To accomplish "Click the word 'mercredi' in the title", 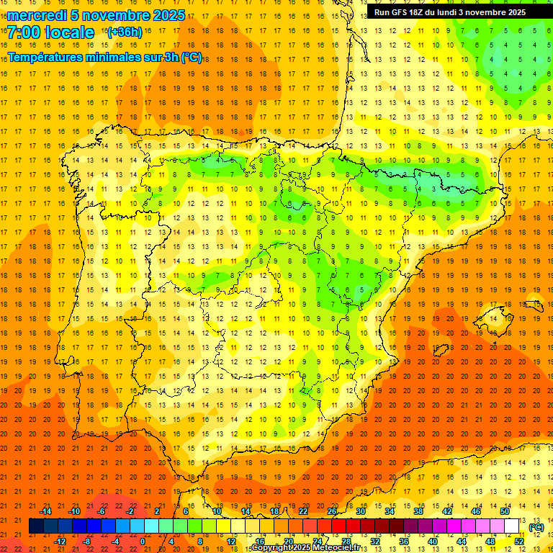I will [x=38, y=15].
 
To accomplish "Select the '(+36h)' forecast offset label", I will [x=124, y=32].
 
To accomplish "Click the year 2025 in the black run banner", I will [x=512, y=12].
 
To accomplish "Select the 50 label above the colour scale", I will [x=504, y=511].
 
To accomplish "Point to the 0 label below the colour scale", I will [x=143, y=541].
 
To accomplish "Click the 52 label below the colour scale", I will [x=519, y=541].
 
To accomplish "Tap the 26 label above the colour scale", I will [x=332, y=511].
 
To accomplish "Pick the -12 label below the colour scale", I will [x=60, y=541].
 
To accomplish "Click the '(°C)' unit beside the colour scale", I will [x=536, y=527].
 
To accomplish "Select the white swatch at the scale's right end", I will [x=512, y=526].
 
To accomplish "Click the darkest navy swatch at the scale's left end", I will [x=36, y=526].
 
